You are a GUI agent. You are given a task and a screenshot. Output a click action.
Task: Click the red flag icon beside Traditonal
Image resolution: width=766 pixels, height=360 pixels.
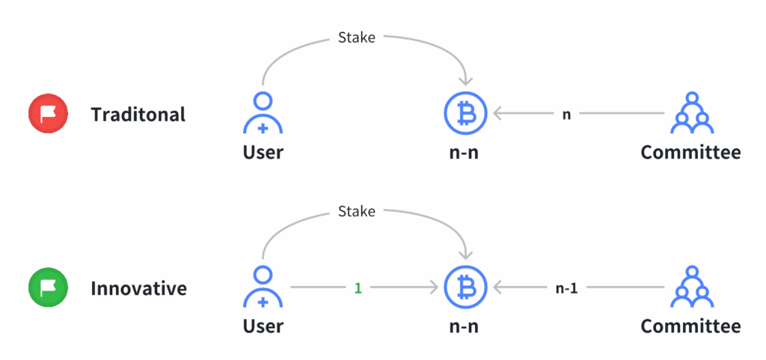click(48, 115)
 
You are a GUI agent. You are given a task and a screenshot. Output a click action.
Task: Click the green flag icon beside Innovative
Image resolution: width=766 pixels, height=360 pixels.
click(48, 287)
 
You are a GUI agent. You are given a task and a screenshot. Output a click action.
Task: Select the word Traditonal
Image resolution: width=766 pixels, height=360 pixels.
click(138, 115)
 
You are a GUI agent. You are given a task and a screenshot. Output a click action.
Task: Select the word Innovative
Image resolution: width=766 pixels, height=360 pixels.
click(138, 287)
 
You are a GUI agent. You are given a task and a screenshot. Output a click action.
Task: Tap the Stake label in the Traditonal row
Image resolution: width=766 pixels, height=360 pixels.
click(357, 37)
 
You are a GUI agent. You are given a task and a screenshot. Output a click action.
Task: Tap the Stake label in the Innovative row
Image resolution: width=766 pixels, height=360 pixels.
click(357, 211)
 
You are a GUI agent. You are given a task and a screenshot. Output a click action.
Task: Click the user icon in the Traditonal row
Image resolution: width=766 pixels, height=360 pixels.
click(263, 113)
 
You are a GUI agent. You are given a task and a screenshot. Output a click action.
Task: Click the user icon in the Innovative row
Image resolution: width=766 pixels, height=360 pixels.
click(263, 287)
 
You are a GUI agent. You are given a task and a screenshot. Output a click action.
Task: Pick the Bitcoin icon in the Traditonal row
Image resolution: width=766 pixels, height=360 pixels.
click(465, 114)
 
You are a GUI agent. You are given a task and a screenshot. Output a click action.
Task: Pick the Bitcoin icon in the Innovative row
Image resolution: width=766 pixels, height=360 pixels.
click(465, 287)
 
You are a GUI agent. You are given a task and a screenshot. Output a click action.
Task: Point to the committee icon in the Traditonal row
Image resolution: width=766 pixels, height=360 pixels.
click(692, 113)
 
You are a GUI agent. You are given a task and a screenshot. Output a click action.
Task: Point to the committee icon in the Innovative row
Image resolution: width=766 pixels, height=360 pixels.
click(692, 287)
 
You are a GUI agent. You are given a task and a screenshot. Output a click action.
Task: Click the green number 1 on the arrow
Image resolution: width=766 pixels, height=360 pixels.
click(358, 288)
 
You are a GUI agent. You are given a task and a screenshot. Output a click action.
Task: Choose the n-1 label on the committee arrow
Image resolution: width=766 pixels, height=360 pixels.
click(567, 288)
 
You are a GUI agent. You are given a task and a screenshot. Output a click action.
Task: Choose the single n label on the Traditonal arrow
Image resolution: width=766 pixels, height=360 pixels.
click(567, 115)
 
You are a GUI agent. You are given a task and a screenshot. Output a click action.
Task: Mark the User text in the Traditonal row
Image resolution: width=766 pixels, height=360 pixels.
click(263, 152)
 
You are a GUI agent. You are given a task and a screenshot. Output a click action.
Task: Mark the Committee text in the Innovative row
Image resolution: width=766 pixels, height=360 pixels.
click(690, 326)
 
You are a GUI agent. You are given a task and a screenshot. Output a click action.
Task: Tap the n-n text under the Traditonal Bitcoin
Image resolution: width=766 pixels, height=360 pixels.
click(464, 153)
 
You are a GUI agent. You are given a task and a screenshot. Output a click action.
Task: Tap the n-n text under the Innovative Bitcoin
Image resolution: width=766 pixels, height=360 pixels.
click(464, 327)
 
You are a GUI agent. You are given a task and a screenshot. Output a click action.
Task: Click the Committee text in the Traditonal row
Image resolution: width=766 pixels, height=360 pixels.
click(690, 152)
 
